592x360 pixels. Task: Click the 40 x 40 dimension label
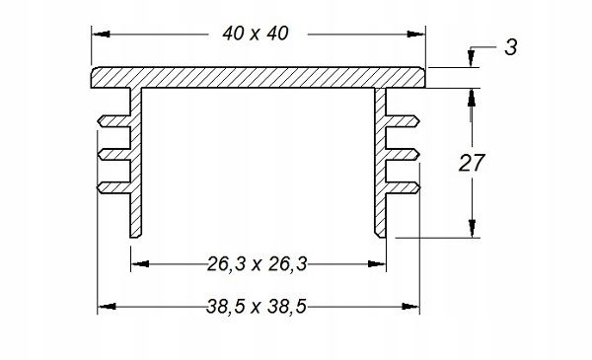point(256,34)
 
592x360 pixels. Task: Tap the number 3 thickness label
point(511,47)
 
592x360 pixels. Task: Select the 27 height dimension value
point(472,163)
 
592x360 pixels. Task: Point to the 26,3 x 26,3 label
point(258,263)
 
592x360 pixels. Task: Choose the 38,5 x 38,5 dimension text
point(257,307)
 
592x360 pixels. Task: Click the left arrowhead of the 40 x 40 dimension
point(102,34)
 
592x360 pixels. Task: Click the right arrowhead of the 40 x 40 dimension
point(415,34)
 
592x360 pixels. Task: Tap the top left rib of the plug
point(114,121)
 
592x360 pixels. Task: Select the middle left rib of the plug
point(114,154)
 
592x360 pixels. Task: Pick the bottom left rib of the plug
point(114,187)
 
